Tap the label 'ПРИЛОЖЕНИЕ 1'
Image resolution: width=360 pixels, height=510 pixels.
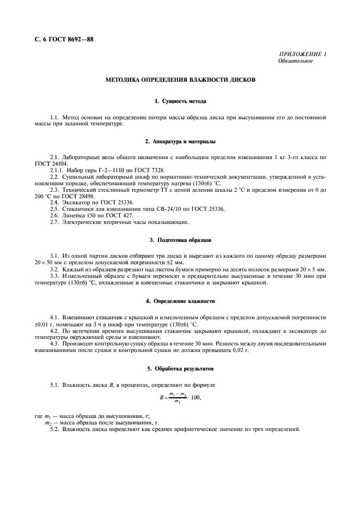pyautogui.click(x=302, y=54)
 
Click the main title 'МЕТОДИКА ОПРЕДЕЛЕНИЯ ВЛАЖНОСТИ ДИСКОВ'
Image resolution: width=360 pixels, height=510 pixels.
pyautogui.click(x=180, y=80)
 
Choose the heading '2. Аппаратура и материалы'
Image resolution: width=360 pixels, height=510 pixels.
pyautogui.click(x=180, y=142)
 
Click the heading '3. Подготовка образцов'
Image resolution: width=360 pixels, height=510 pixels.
pyautogui.click(x=180, y=240)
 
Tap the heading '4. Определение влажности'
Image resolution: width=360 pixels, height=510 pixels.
pyautogui.click(x=180, y=301)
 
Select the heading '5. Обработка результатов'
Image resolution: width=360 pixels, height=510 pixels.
pyautogui.click(x=180, y=369)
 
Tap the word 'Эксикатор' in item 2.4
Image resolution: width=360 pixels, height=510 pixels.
pyautogui.click(x=76, y=203)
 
